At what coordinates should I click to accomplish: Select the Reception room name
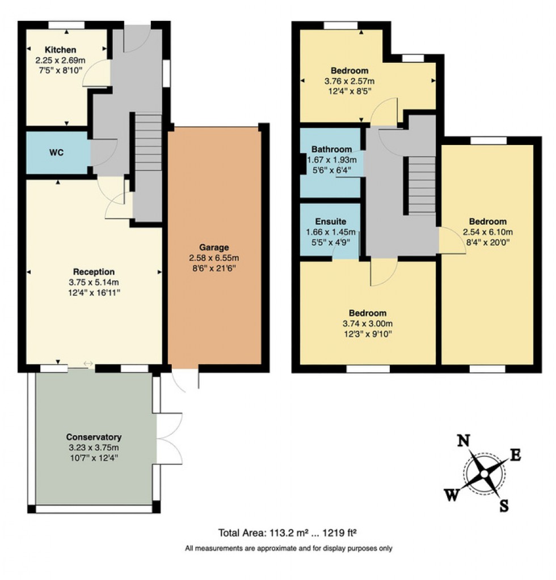click(x=94, y=272)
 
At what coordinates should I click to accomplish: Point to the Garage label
click(x=214, y=248)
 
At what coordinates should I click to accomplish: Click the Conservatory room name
click(x=94, y=437)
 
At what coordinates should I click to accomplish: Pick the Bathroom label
click(x=331, y=150)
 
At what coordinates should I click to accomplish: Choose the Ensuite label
click(x=330, y=221)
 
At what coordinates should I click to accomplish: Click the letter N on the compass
click(x=464, y=441)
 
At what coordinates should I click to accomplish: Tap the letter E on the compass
click(x=516, y=454)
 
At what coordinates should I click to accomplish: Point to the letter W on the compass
click(x=452, y=496)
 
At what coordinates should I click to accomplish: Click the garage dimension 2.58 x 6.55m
click(x=214, y=258)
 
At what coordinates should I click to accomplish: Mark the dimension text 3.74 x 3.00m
click(x=368, y=323)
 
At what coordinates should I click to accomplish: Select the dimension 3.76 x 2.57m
click(x=349, y=82)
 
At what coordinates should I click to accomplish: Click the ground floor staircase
click(x=149, y=142)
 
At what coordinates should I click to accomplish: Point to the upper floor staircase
click(x=422, y=185)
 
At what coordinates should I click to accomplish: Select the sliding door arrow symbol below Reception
click(x=88, y=364)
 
